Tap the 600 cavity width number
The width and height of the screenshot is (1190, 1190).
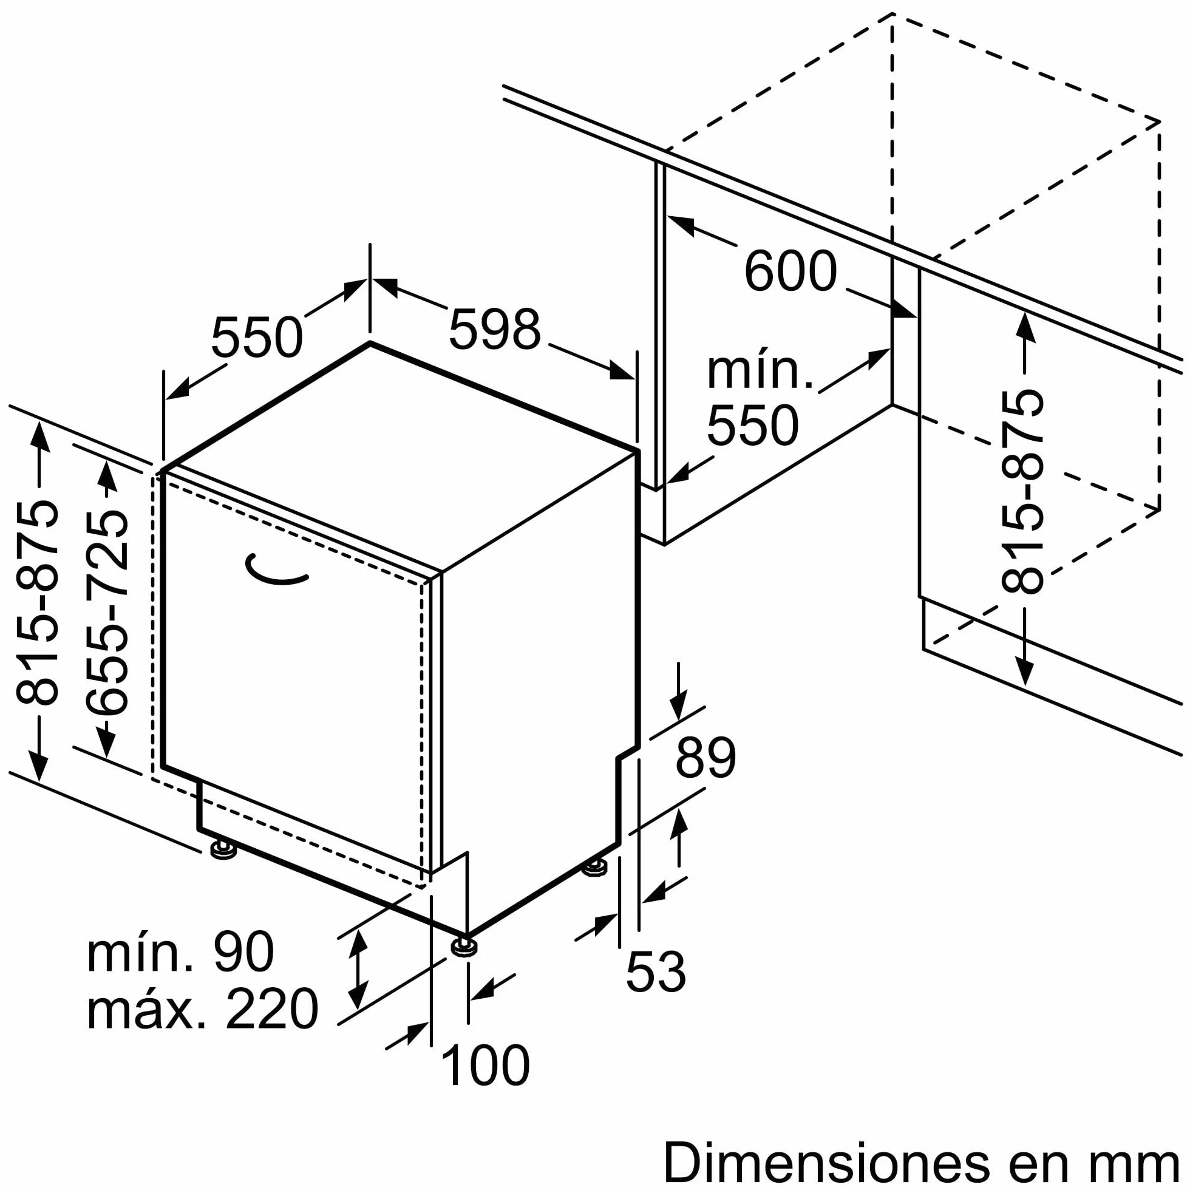coord(790,271)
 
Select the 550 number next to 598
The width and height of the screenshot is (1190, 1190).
coord(257,337)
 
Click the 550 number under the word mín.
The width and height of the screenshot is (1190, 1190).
coord(752,425)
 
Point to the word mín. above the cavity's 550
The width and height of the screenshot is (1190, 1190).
coord(760,372)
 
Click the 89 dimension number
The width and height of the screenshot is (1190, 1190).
coord(705,758)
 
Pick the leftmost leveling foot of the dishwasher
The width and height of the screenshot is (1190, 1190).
coord(223,851)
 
